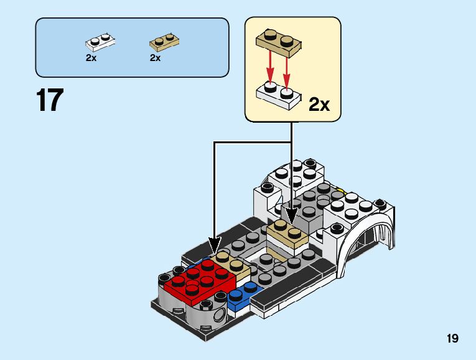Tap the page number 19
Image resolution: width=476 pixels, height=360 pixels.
(x=452, y=339)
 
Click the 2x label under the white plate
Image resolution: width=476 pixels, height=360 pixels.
(x=91, y=58)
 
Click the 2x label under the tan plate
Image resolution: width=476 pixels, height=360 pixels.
(x=155, y=58)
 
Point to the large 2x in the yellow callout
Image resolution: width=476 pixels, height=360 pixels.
(x=319, y=104)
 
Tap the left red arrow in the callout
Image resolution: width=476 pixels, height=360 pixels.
(x=270, y=67)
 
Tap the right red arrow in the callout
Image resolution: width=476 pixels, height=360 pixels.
(x=287, y=67)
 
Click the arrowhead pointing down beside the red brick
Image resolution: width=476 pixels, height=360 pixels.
(x=215, y=249)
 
